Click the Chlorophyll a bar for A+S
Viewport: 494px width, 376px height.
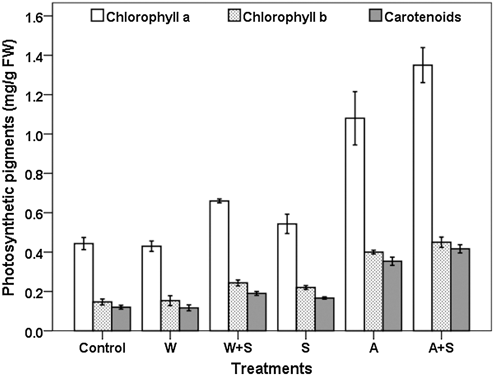(x=422, y=197)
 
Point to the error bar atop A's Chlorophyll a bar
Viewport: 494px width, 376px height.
(x=355, y=118)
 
